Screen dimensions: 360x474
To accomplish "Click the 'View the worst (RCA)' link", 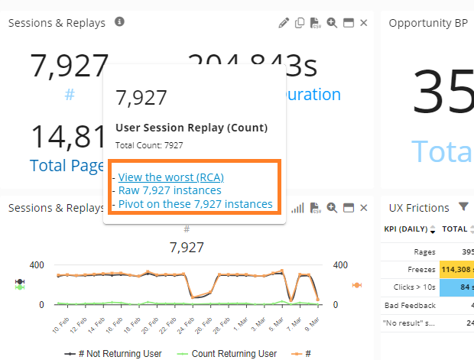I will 170,177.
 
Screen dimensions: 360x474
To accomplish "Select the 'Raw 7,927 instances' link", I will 170,190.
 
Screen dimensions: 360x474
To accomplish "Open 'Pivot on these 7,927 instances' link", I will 195,204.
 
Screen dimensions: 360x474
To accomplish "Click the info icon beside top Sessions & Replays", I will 119,22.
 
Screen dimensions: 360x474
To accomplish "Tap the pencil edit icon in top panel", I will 284,23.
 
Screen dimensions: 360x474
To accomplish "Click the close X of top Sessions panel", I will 364,23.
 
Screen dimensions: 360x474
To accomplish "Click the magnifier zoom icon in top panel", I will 332,23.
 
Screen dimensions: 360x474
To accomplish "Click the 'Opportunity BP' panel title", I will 427,23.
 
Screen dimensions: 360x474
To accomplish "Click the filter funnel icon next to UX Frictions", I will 463,206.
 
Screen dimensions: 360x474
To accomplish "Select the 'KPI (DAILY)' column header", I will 405,229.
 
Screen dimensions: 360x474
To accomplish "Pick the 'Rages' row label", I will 423,251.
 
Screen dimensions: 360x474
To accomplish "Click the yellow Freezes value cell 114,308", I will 456,269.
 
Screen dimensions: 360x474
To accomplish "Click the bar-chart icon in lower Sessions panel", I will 298,208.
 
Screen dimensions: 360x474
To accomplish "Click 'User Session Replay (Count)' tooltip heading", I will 191,128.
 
